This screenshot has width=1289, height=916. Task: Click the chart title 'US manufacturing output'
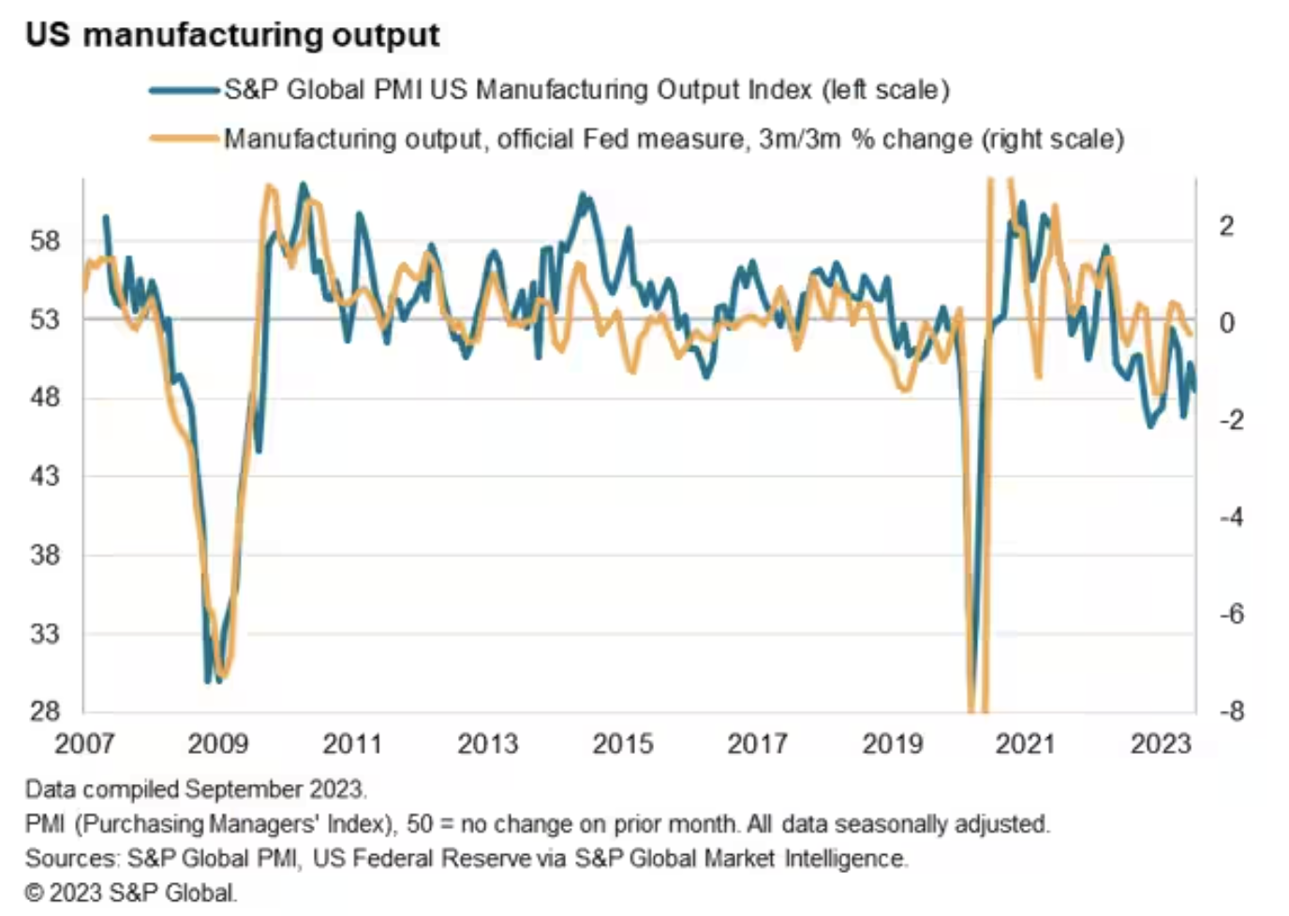(232, 36)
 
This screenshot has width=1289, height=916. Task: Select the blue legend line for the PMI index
(185, 90)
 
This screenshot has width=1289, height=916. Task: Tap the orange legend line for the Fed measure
(185, 140)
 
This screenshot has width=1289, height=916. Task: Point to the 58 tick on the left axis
(44, 241)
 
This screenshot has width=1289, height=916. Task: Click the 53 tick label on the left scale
(44, 319)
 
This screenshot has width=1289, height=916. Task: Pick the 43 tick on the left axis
(44, 476)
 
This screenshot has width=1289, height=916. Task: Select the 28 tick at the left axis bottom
(44, 712)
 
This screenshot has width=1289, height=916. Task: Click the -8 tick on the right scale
(1231, 712)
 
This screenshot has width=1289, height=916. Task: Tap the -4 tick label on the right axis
(1231, 517)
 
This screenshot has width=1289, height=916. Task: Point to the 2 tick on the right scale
(1226, 227)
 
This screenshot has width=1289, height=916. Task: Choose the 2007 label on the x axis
(84, 745)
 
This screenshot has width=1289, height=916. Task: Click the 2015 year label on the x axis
(622, 745)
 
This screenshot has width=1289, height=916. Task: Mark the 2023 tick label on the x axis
(1160, 745)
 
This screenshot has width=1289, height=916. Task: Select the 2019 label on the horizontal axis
(892, 745)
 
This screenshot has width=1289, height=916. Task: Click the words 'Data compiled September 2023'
(195, 790)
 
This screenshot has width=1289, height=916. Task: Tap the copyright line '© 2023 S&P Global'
(131, 893)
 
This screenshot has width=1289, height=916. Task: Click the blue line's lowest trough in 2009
(208, 680)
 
